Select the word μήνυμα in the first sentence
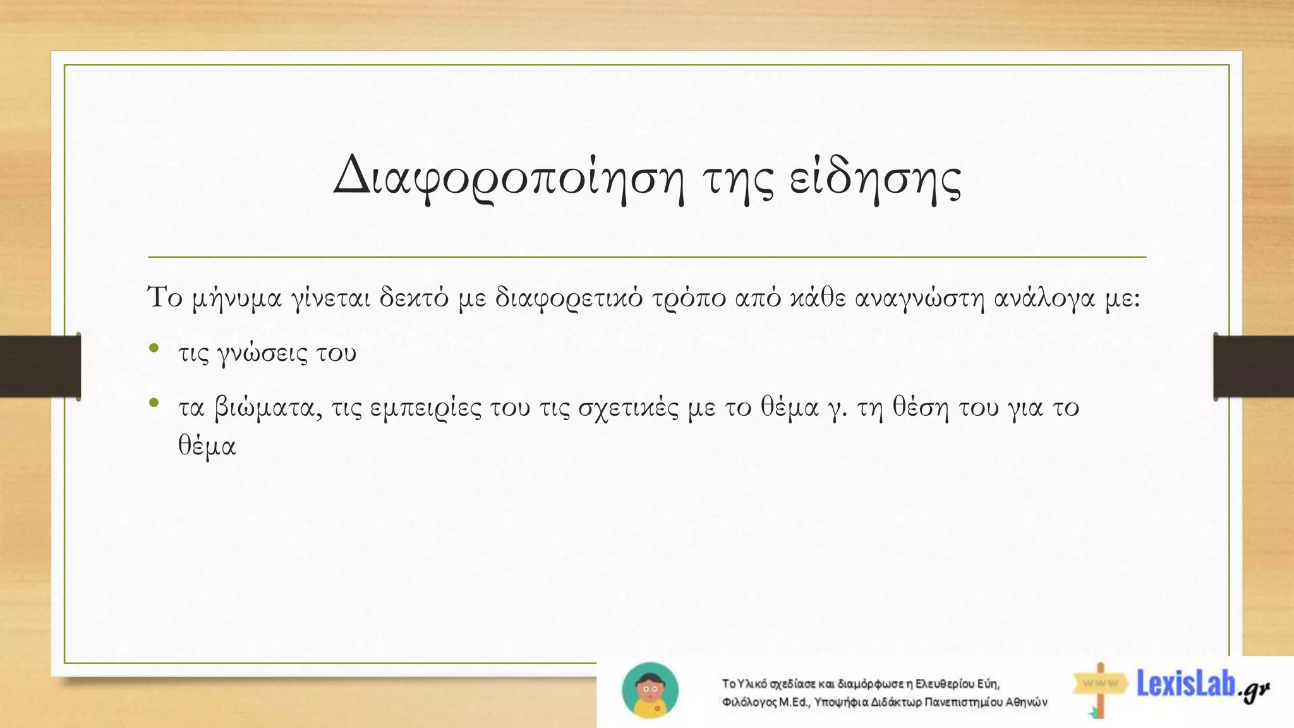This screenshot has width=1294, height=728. point(236,298)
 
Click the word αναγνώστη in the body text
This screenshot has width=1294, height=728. point(919,298)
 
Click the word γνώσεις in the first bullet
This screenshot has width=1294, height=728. point(262,353)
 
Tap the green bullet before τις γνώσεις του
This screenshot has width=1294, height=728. point(154,348)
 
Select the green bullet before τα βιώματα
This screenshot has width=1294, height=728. point(154,403)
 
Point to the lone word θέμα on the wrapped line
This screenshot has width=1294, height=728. point(207,446)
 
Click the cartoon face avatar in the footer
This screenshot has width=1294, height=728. point(650,691)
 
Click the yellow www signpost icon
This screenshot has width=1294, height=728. point(1100,686)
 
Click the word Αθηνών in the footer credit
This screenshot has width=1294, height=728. point(1027,702)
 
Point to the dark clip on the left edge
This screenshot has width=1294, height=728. point(40,367)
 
